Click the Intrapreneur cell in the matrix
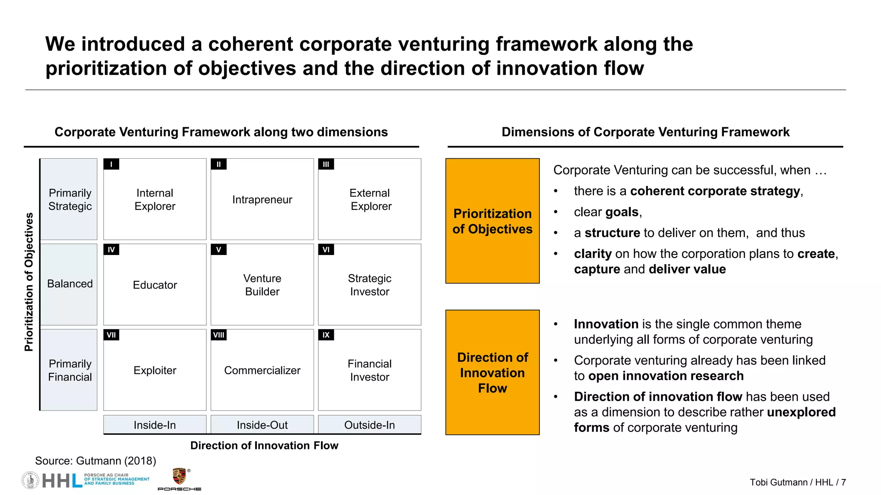tap(262, 200)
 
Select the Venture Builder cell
tap(262, 285)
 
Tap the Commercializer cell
tap(262, 370)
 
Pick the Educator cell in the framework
tap(155, 285)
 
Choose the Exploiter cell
tap(155, 370)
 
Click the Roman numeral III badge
tap(326, 164)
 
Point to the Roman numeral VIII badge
tap(219, 335)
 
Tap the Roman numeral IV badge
tap(111, 249)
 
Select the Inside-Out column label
tap(262, 425)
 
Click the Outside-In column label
tap(370, 425)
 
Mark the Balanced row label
tap(70, 284)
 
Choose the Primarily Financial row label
tap(70, 370)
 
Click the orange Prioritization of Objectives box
tap(493, 221)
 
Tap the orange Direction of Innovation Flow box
tap(493, 372)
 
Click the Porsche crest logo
tap(179, 477)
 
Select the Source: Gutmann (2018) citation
tap(95, 461)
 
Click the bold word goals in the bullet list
tap(622, 212)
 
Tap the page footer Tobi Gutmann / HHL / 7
tap(798, 483)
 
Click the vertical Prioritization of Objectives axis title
tap(29, 282)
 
